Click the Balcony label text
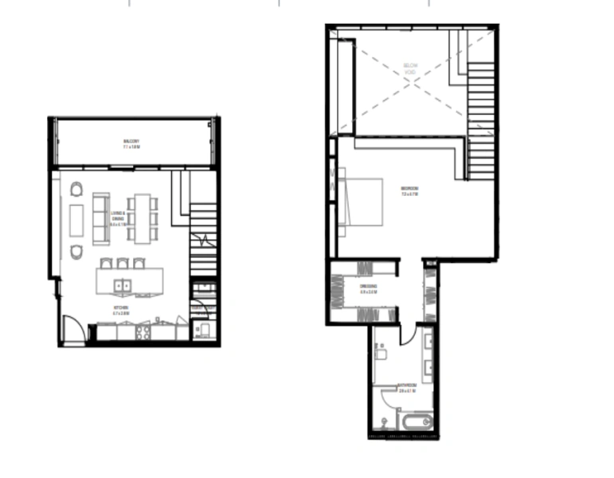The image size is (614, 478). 131,145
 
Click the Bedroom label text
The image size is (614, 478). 409,191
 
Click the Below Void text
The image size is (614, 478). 409,68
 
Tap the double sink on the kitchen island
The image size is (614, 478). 124,284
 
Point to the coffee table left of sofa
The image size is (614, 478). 76,220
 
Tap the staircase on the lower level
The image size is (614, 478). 203,235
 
